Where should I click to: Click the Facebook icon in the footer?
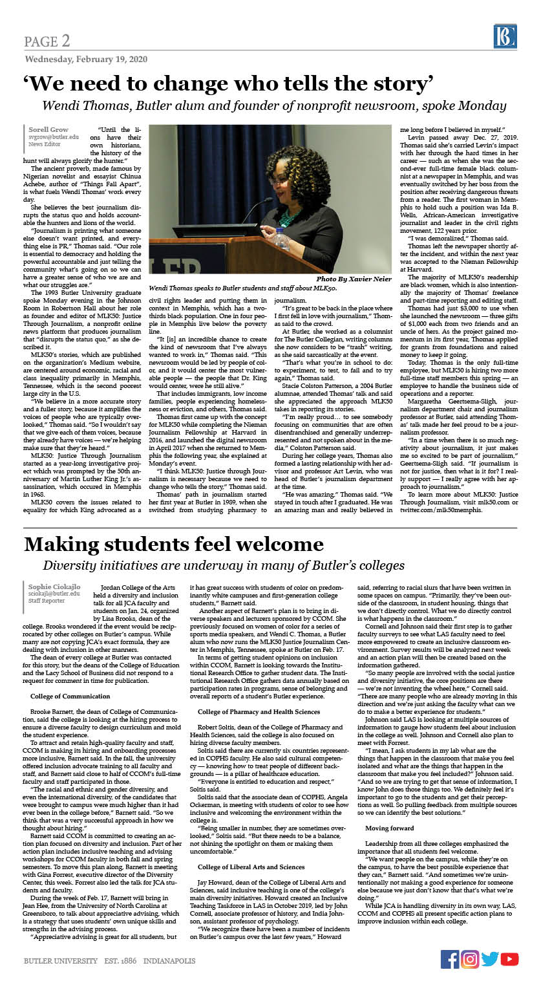[x=450, y=959]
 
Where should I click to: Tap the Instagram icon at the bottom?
[x=470, y=959]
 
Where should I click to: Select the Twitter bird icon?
[x=489, y=959]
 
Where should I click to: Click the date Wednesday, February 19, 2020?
[x=85, y=59]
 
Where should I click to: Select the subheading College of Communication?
[x=70, y=678]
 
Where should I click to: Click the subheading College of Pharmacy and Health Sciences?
[x=259, y=693]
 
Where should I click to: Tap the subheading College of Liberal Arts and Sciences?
[x=251, y=866]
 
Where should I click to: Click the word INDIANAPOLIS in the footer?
[x=169, y=960]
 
